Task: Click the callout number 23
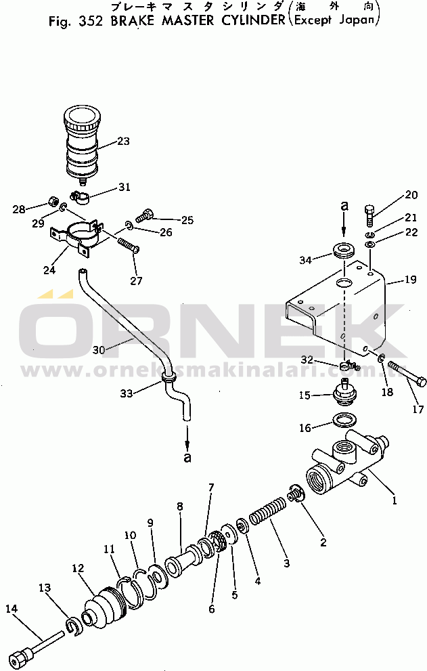click(123, 142)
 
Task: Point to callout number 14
click(12, 608)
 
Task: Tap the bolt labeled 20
click(369, 217)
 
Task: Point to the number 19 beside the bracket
click(410, 280)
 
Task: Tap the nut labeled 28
click(53, 200)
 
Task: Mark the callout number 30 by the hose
click(98, 350)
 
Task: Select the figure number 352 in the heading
click(91, 22)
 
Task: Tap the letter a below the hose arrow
click(187, 457)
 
